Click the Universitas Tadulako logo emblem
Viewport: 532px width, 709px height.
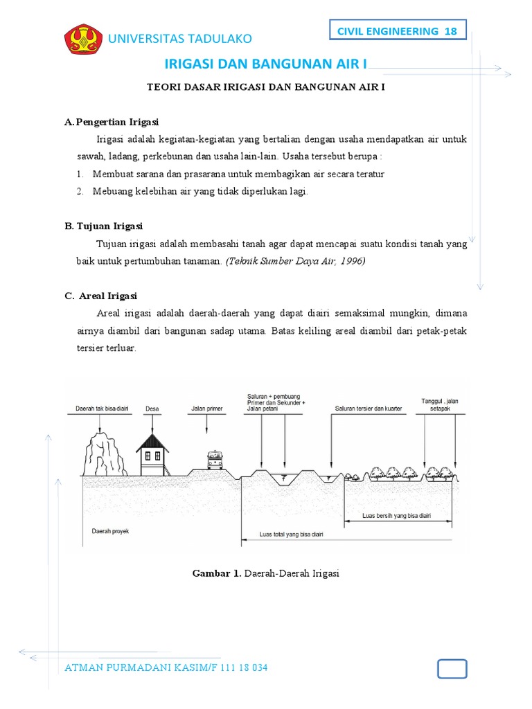pyautogui.click(x=84, y=39)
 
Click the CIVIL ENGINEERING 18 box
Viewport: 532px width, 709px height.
pyautogui.click(x=397, y=31)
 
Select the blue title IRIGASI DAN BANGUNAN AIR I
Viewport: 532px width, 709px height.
pyautogui.click(x=266, y=64)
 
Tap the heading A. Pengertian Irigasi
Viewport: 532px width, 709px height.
pyautogui.click(x=112, y=122)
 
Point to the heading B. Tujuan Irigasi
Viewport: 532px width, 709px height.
pyautogui.click(x=104, y=226)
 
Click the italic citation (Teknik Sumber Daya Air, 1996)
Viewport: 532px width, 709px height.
pyautogui.click(x=295, y=261)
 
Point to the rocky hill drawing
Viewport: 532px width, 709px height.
pyautogui.click(x=105, y=451)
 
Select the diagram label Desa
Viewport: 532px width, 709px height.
pyautogui.click(x=152, y=409)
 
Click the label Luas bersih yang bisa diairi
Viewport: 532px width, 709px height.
pyautogui.click(x=396, y=516)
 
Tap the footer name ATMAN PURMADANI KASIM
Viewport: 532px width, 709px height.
pyautogui.click(x=139, y=668)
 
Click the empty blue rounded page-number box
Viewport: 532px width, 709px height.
pyautogui.click(x=452, y=669)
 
